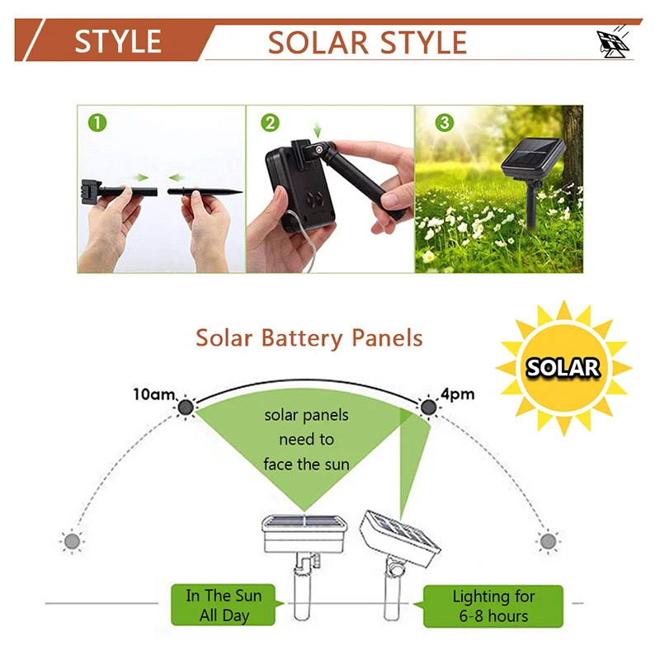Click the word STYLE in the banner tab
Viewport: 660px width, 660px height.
coord(118,41)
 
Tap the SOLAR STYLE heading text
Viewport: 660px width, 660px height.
coord(367,42)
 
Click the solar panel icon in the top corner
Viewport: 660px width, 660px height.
coord(612,44)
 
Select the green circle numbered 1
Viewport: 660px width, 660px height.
coord(97,123)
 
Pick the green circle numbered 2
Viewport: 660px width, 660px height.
coord(270,123)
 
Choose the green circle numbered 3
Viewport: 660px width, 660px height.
coord(445,123)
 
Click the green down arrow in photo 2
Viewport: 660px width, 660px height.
coord(318,130)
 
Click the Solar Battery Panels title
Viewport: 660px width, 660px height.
coord(309,338)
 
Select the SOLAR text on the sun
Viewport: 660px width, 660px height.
coord(563,367)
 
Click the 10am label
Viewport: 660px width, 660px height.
coord(153,394)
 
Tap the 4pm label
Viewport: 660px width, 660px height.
coord(458,394)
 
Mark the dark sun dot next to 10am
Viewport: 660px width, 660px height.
coord(184,406)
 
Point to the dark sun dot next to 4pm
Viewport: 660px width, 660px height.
coord(427,406)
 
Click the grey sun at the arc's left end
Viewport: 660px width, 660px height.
coord(73,541)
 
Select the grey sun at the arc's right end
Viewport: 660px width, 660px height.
coord(548,541)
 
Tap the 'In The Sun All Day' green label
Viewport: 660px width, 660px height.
coord(224,606)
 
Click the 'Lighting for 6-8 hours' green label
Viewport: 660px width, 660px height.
coord(494,606)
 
